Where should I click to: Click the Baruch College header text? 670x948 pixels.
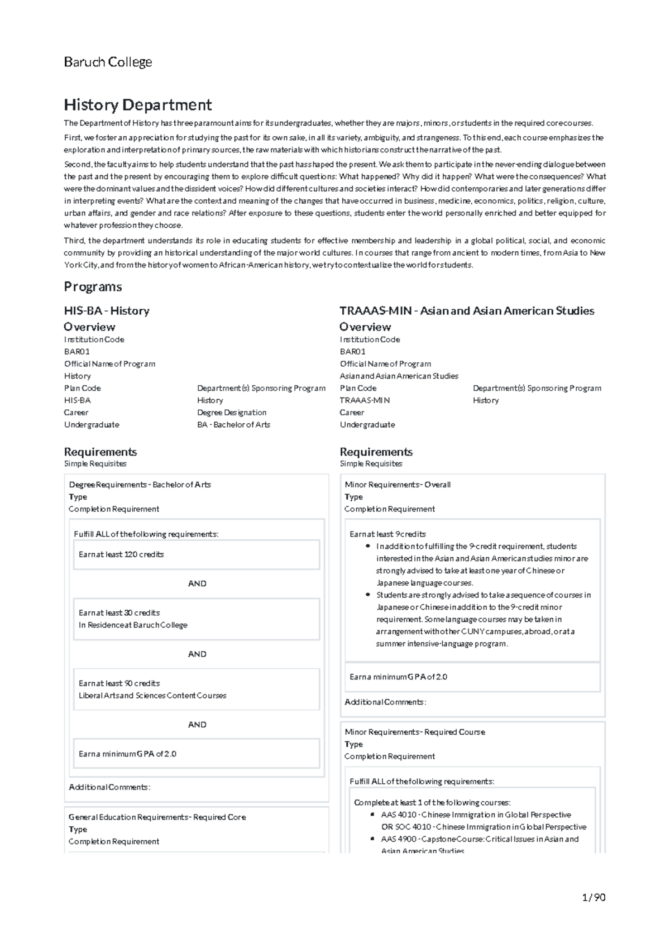coord(108,62)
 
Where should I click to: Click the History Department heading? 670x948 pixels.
coord(137,105)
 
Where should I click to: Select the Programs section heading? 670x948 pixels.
coord(93,287)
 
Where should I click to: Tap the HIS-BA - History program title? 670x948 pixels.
coord(107,311)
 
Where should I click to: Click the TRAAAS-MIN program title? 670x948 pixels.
coord(467,311)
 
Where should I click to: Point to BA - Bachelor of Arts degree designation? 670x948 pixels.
coord(233,425)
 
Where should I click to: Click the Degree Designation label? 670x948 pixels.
coord(232,413)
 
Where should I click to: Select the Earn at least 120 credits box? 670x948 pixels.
coord(196,554)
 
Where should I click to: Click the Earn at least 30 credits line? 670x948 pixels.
coord(119,613)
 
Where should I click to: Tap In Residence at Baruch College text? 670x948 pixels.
coord(133,625)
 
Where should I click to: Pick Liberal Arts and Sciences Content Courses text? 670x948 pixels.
coord(152,696)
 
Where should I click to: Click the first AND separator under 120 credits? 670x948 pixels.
coord(197,583)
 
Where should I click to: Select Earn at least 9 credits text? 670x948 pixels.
coord(387,534)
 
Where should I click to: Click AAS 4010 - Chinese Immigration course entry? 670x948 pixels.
coord(476,815)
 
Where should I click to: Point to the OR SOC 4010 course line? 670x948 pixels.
coord(484,827)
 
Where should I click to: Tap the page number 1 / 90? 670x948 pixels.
coord(593,898)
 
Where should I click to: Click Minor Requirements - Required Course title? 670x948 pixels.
coord(415,732)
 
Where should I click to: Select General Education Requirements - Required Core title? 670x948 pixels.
coord(157,817)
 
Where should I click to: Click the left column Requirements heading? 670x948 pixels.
coord(100,452)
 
